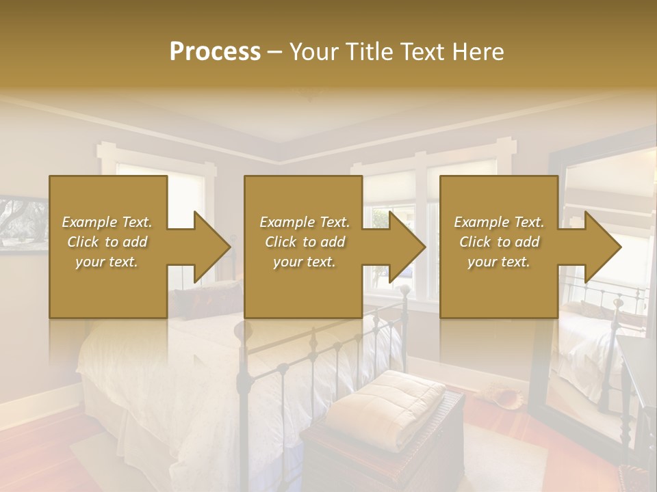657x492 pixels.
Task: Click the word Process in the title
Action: pyautogui.click(x=215, y=52)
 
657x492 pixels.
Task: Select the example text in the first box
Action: pyautogui.click(x=107, y=242)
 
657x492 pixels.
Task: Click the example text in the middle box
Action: pyautogui.click(x=304, y=242)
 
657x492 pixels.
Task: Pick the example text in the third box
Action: pyautogui.click(x=498, y=242)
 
